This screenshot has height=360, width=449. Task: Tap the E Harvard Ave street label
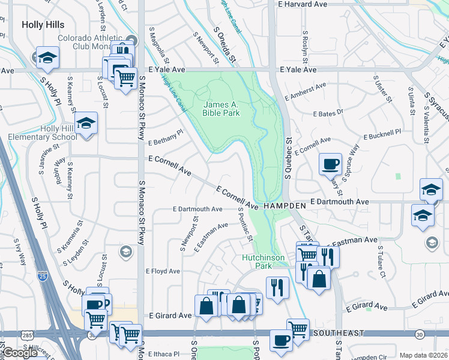(x=303, y=4)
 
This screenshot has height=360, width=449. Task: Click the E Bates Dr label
(x=328, y=112)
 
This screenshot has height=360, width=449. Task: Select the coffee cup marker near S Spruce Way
(x=330, y=164)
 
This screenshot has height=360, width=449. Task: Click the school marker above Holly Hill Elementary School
(x=87, y=124)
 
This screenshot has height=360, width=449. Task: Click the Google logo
(x=20, y=353)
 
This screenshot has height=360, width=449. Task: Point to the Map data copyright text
(x=423, y=355)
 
